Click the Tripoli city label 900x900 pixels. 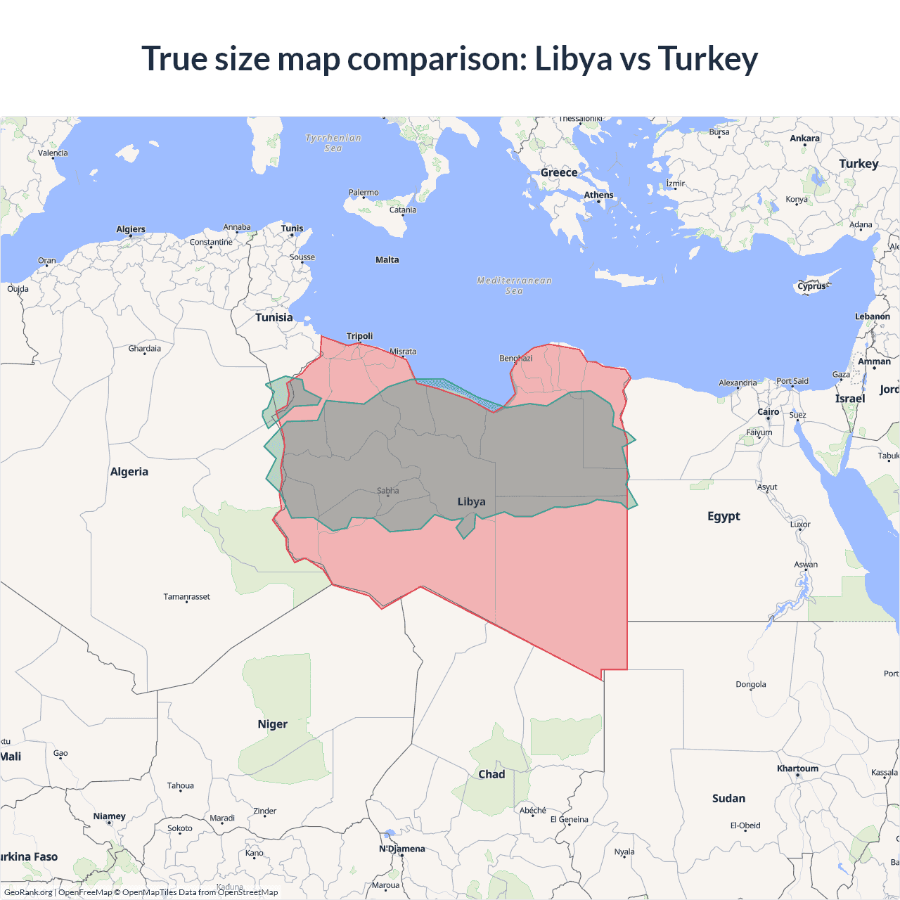(359, 336)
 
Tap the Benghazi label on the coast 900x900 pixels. (515, 359)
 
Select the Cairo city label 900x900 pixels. (768, 412)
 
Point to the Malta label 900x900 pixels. (387, 260)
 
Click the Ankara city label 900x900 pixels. (804, 139)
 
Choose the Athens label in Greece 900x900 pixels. (598, 195)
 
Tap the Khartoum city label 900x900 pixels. (797, 769)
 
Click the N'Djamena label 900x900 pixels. (402, 849)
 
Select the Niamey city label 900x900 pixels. (109, 816)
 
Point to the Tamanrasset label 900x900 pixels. (186, 597)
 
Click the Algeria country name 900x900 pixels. (129, 472)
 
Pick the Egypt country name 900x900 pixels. (724, 516)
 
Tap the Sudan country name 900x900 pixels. (728, 799)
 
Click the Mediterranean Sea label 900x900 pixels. (514, 285)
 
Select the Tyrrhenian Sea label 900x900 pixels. (333, 143)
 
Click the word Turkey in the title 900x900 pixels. (707, 59)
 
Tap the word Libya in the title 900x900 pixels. (573, 59)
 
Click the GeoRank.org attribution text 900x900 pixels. (28, 892)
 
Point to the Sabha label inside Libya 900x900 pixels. (387, 491)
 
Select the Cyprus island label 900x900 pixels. (812, 286)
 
